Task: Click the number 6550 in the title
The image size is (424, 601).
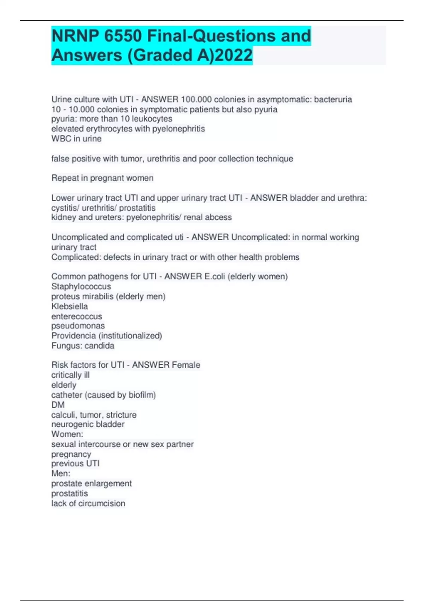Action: pos(123,36)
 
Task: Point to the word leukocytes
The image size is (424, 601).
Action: pos(152,119)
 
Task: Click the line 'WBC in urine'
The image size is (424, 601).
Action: pos(76,139)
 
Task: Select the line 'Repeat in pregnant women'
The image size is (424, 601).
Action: pos(102,178)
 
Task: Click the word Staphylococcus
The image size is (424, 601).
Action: pos(81,286)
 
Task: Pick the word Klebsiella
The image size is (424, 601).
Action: pos(70,306)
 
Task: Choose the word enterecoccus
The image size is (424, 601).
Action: pos(77,316)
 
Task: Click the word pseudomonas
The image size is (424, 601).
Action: pos(78,326)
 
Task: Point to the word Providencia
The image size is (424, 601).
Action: pos(73,335)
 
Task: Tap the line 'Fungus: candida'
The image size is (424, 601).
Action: pos(83,345)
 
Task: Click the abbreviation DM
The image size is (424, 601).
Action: pos(58,405)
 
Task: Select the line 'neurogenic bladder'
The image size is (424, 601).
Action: pos(88,424)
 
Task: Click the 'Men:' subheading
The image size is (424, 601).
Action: pos(61,473)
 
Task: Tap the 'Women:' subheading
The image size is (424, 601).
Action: pos(67,434)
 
